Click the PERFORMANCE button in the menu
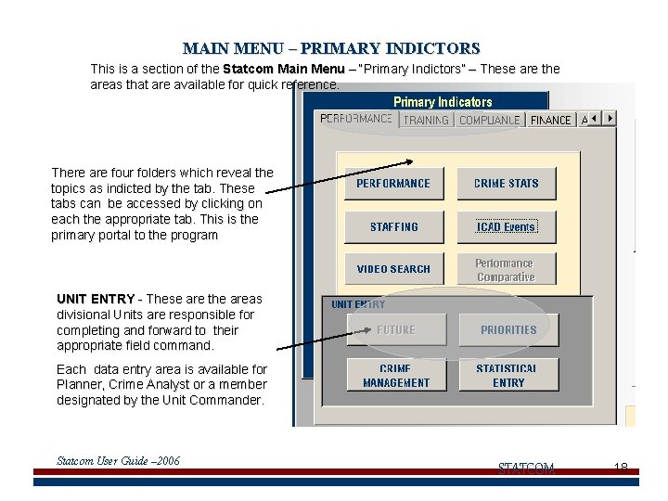tap(393, 184)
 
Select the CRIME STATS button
tap(506, 184)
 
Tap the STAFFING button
tap(393, 227)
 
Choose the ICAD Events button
tap(506, 227)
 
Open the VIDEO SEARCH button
tap(393, 269)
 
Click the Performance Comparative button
tap(506, 270)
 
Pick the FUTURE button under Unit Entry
tap(395, 329)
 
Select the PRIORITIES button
tap(508, 329)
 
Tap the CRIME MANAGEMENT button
tap(395, 375)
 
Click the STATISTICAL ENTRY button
tap(508, 375)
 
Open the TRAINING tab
tap(426, 120)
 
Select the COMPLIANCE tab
tap(489, 120)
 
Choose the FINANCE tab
tap(551, 120)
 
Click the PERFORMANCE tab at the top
tap(356, 119)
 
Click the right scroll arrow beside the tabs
tap(610, 119)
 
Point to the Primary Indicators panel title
tap(443, 102)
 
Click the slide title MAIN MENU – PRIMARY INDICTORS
tap(331, 48)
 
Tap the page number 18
tap(621, 468)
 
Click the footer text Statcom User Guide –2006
tap(118, 461)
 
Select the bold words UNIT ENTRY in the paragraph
tap(96, 299)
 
